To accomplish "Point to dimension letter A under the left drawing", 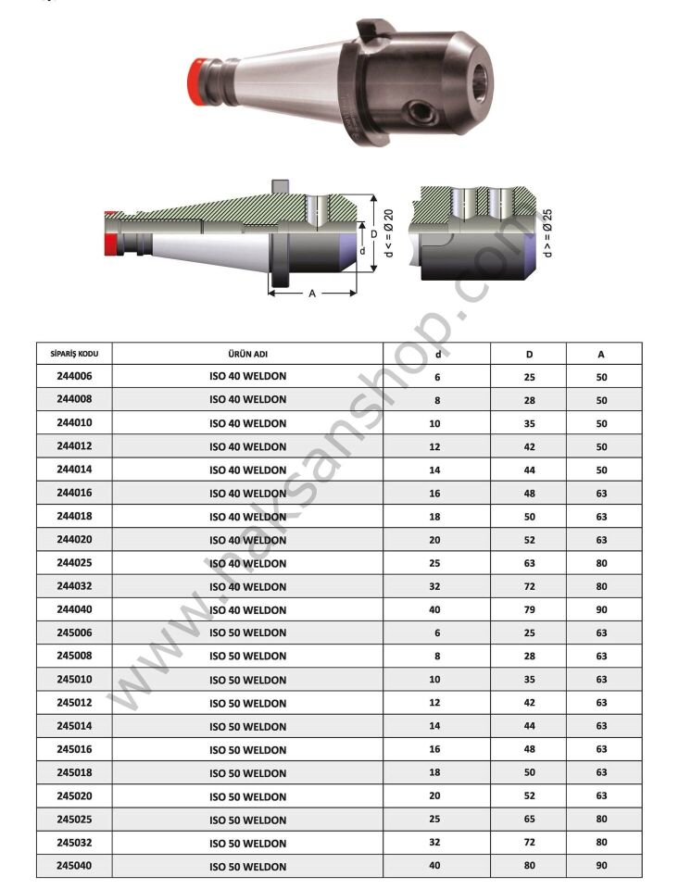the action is [312, 294].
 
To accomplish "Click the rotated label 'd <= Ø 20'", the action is [388, 232].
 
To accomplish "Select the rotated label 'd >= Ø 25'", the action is [547, 232].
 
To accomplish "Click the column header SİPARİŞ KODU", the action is [74, 354].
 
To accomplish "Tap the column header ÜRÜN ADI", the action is [248, 354].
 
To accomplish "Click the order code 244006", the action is [74, 376].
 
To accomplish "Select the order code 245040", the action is [74, 866].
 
